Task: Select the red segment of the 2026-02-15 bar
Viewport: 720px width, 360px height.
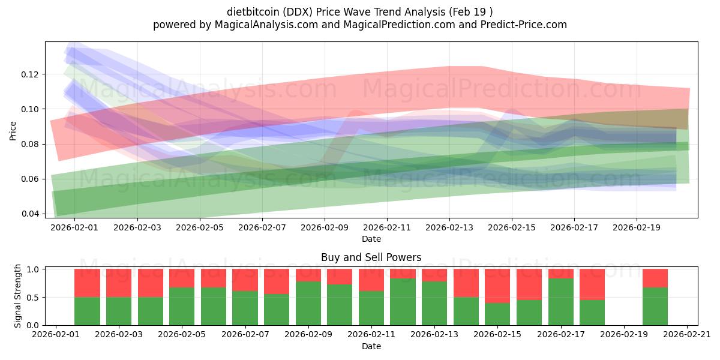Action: point(497,286)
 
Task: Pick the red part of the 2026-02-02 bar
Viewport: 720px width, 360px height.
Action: point(87,283)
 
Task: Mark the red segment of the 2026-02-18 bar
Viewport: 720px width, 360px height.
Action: point(592,284)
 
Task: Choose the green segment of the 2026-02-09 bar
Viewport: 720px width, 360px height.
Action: point(308,303)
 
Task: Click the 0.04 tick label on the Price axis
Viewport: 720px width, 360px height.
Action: point(29,214)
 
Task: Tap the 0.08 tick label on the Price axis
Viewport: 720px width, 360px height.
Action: point(29,144)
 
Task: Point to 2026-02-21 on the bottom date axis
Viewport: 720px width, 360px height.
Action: point(686,335)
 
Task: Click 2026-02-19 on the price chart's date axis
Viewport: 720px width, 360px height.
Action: point(637,227)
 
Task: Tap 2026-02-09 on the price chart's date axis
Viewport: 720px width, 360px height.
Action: point(325,227)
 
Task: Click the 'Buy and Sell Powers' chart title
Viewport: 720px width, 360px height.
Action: point(371,257)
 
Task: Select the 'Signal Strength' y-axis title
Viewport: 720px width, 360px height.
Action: point(18,296)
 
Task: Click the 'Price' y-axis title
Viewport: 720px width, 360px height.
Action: point(13,130)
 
